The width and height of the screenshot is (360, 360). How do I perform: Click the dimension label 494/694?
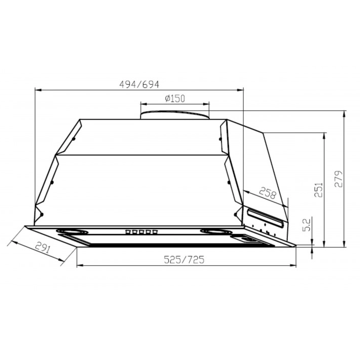tap(139, 85)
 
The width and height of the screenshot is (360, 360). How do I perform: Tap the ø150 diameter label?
tap(175, 98)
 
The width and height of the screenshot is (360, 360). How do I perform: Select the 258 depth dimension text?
tap(268, 193)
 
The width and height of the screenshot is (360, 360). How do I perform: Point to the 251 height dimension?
tap(319, 190)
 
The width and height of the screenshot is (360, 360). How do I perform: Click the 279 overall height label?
tap(338, 178)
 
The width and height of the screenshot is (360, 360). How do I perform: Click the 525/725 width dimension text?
tap(184, 260)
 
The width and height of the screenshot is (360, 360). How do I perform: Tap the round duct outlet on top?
tap(175, 115)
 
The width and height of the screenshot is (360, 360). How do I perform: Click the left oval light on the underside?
tap(72, 231)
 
